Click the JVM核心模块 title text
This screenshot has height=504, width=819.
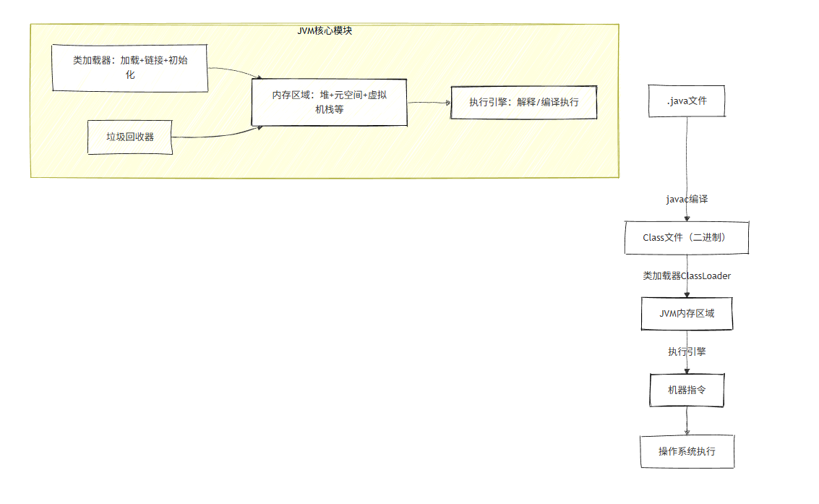325,31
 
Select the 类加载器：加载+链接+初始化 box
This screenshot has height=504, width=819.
130,67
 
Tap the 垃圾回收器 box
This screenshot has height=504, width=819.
130,137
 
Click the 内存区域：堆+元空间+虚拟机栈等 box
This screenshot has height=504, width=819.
329,102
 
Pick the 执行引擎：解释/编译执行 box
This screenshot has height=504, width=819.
524,103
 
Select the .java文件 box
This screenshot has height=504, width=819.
687,101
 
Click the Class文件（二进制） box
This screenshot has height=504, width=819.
686,237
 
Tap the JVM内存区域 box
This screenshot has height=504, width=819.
687,314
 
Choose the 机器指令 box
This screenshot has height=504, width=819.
687,390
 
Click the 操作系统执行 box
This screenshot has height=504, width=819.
687,451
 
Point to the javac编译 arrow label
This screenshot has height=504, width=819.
687,199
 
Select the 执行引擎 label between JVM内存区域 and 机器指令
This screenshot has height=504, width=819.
687,351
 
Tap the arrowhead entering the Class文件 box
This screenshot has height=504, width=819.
687,218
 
